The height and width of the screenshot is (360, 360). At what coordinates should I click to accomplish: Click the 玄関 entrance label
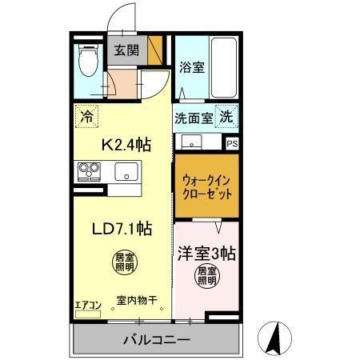126,51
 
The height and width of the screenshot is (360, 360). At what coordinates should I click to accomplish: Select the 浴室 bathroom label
191,67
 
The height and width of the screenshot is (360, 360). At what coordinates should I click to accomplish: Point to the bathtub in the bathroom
220,67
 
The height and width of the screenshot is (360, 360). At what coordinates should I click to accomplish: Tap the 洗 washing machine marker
226,115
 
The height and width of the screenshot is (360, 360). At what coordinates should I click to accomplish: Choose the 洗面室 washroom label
194,117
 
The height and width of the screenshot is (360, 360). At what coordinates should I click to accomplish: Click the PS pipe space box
232,145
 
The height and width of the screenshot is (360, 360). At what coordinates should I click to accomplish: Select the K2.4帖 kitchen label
125,145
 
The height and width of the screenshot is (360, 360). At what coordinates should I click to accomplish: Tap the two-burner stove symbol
87,171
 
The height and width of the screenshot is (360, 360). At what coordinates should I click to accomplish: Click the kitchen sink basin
126,171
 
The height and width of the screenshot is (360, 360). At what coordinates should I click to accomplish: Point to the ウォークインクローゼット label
206,187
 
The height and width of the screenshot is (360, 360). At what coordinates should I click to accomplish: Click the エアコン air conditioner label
87,304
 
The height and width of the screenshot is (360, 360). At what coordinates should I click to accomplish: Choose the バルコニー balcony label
156,340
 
